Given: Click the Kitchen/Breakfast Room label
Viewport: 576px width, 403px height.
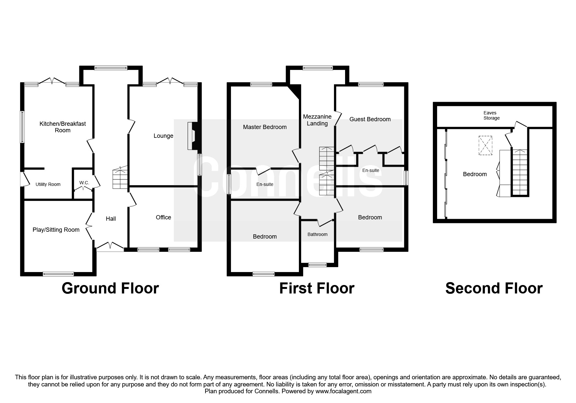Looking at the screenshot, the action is [x=63, y=127].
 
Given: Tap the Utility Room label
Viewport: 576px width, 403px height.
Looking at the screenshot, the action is [x=48, y=184].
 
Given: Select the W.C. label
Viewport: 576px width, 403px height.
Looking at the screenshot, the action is [x=84, y=183].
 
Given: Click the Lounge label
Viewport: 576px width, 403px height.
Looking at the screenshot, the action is [x=163, y=136].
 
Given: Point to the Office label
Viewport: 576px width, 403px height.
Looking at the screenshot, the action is [x=163, y=217].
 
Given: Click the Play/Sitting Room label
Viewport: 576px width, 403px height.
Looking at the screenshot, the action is [x=56, y=230].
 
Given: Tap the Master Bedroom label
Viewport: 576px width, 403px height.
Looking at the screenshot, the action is [x=265, y=127].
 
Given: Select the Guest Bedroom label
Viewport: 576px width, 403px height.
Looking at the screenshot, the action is [x=370, y=119].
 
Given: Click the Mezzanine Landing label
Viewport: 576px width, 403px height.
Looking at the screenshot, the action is [x=317, y=120].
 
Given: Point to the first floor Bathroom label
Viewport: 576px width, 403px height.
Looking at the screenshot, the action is [x=317, y=234].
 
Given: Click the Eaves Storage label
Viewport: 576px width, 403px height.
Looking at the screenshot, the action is [x=491, y=115].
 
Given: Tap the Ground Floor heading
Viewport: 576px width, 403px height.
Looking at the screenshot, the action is [x=110, y=288].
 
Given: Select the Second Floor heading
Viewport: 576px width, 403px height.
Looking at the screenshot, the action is [x=494, y=288].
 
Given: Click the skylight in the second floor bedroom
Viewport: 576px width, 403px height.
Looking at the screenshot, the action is [x=485, y=145].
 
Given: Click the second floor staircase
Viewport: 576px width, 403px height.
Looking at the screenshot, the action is [x=519, y=172].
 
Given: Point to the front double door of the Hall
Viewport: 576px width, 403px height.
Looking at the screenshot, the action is [x=110, y=247].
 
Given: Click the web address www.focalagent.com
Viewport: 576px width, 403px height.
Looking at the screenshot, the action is [x=343, y=391].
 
